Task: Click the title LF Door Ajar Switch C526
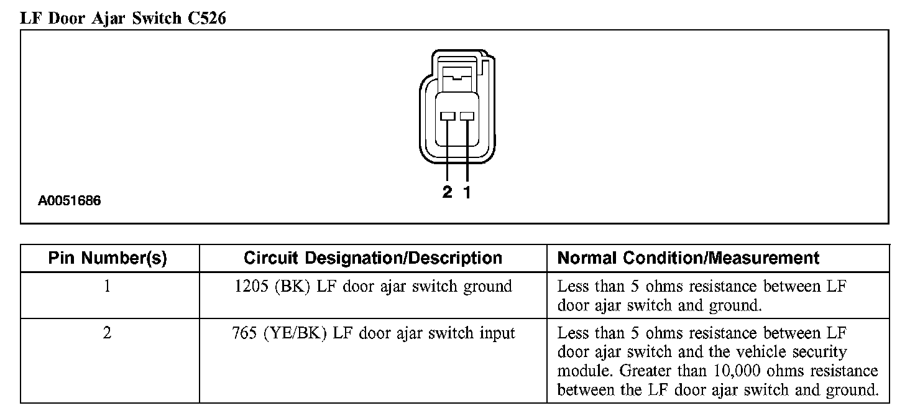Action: (123, 18)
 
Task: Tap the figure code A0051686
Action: (69, 201)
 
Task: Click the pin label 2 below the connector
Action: (448, 192)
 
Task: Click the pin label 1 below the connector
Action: (467, 192)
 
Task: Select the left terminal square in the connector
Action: (448, 116)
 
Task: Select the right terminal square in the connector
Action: (467, 116)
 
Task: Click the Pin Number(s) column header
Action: (108, 258)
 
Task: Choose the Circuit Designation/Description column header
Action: (372, 258)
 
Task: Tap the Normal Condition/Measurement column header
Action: (688, 258)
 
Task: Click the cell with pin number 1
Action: (108, 287)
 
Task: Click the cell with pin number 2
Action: (108, 333)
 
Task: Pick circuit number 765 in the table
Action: (244, 333)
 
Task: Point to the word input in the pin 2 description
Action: (496, 334)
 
